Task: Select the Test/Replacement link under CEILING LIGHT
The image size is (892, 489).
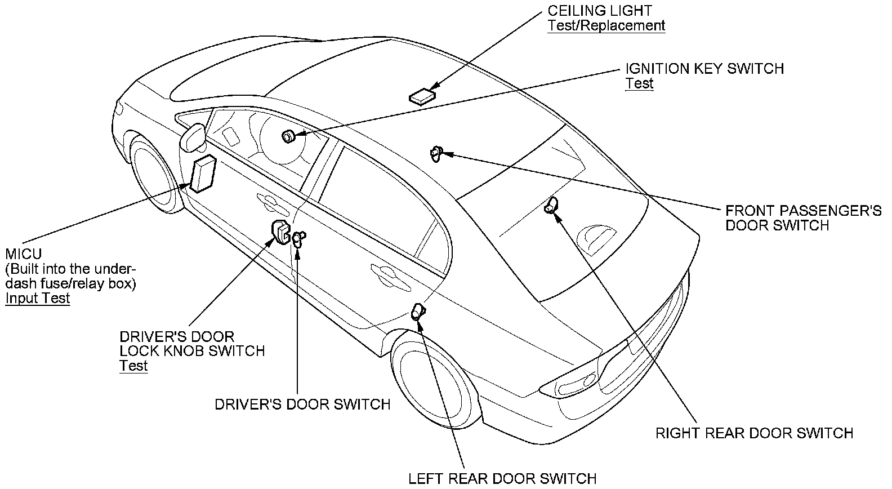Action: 606,25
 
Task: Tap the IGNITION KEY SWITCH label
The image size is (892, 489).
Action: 704,69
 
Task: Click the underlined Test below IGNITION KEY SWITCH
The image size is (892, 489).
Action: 639,83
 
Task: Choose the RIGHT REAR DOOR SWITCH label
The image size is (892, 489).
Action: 754,433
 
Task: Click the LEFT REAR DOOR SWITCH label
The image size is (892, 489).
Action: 502,478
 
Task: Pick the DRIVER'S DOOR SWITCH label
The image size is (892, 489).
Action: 302,404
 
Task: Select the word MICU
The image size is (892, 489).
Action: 23,254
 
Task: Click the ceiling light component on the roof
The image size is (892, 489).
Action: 422,97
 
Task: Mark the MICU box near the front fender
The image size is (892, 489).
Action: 203,173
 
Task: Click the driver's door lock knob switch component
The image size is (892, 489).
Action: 280,232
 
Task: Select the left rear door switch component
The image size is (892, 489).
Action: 418,311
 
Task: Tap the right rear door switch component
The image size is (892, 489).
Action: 551,206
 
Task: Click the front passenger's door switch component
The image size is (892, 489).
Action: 436,153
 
